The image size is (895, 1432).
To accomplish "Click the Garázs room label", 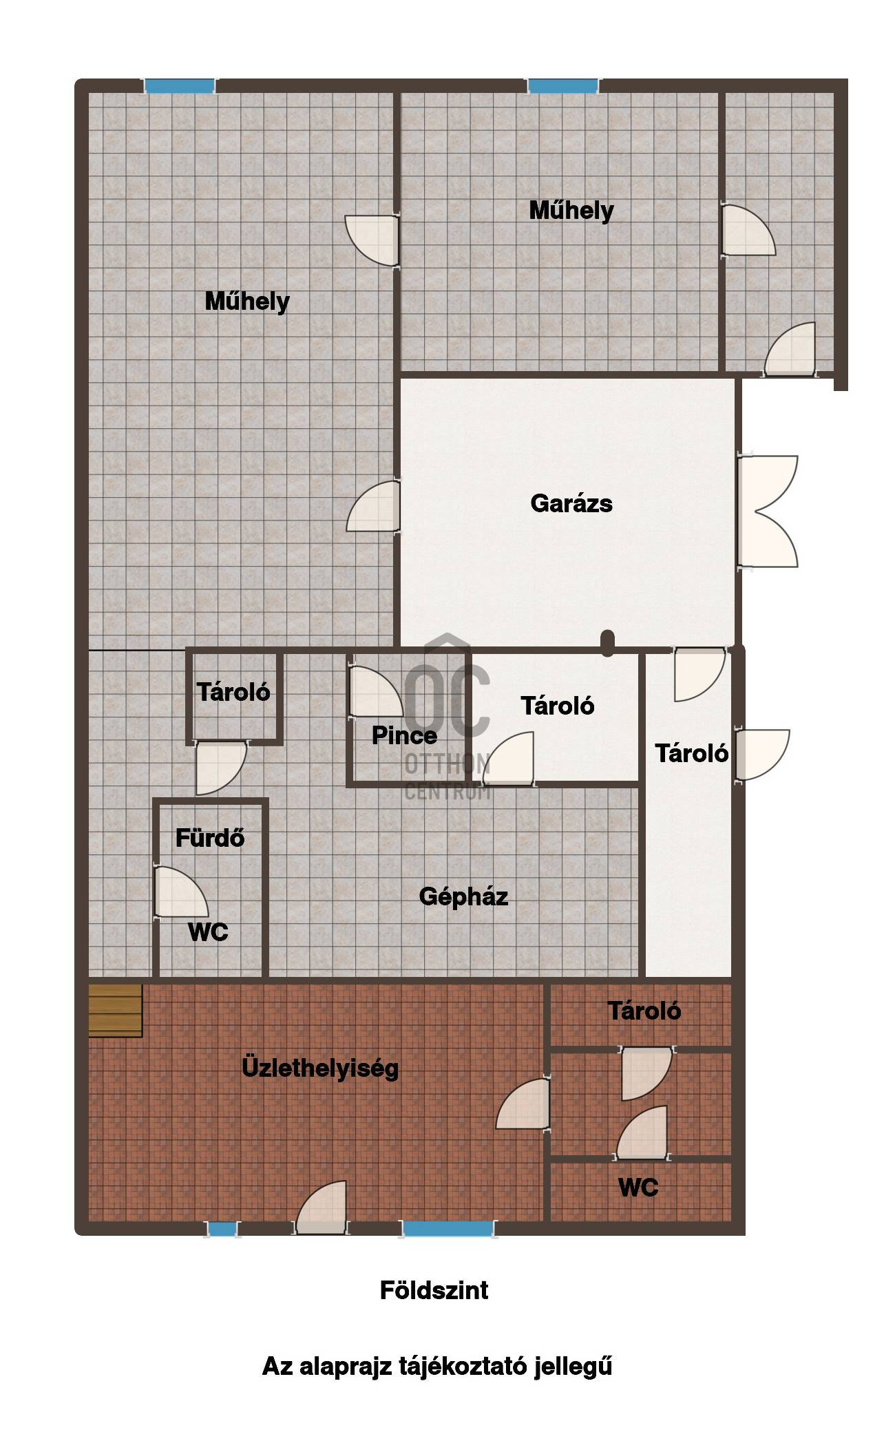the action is pyautogui.click(x=571, y=503).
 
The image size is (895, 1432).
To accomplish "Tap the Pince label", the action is pyautogui.click(x=404, y=735).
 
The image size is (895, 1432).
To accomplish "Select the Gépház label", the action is pyautogui.click(x=463, y=896).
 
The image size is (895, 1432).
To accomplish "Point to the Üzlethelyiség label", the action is pyautogui.click(x=320, y=1068).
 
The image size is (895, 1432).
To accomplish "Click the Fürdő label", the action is pyautogui.click(x=210, y=838).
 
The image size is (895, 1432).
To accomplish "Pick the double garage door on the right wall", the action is pyautogui.click(x=768, y=511).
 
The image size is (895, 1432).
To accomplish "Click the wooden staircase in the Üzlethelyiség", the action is pyautogui.click(x=115, y=1010).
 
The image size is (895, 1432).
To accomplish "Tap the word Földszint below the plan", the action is pyautogui.click(x=434, y=1290).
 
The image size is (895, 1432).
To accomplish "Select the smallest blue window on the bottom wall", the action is pyautogui.click(x=222, y=1230).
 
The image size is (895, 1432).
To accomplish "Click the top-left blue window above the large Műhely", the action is pyautogui.click(x=180, y=86).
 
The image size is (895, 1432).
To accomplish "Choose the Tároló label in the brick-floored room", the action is pyautogui.click(x=644, y=1011).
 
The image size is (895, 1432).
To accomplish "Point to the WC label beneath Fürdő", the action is pyautogui.click(x=208, y=932).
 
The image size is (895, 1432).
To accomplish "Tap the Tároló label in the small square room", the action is pyautogui.click(x=233, y=692).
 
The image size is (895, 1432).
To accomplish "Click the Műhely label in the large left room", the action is pyautogui.click(x=247, y=302).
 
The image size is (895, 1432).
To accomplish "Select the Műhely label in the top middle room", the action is pyautogui.click(x=571, y=211).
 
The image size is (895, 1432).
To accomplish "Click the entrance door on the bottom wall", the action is pyautogui.click(x=322, y=1208).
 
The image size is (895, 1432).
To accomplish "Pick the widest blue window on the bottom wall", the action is pyautogui.click(x=448, y=1230).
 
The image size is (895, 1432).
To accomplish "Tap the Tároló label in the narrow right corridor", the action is pyautogui.click(x=691, y=753).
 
